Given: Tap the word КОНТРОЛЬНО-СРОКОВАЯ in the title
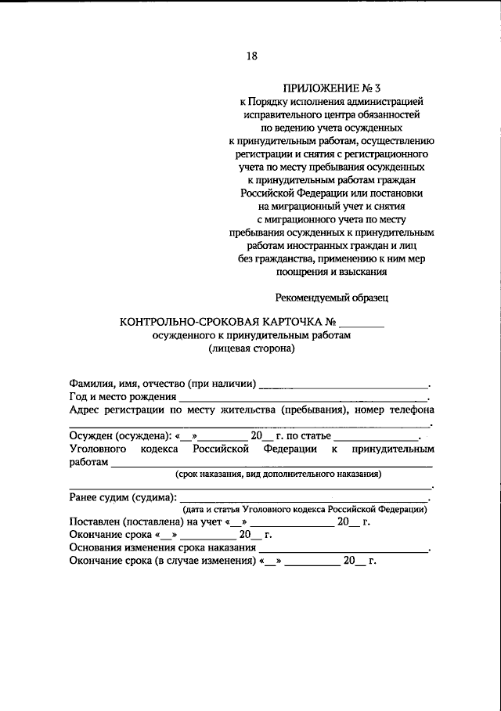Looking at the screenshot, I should click(188, 321).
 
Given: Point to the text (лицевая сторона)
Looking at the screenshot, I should click(251, 349).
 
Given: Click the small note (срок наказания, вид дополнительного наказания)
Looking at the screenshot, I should click(277, 475).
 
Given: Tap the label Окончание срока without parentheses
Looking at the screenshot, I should click(110, 535).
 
